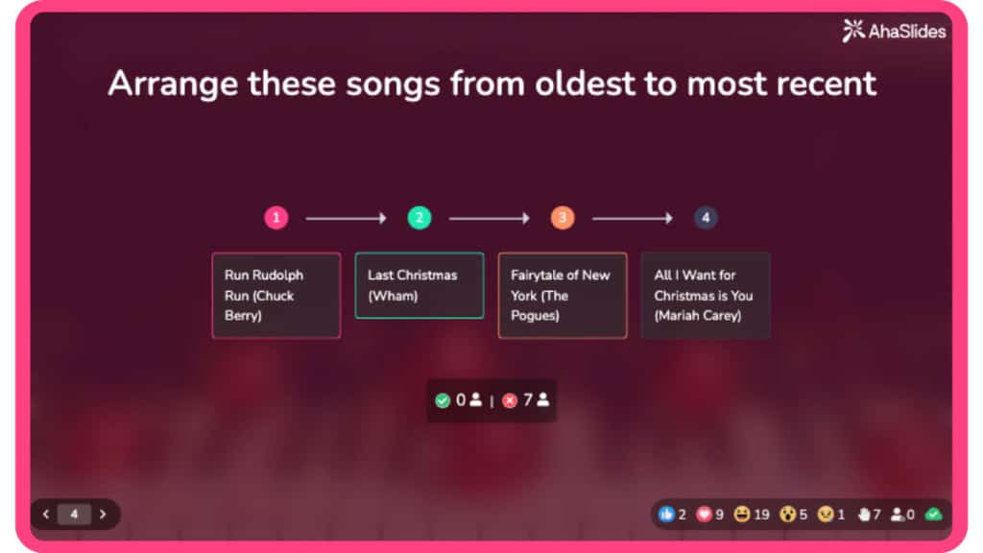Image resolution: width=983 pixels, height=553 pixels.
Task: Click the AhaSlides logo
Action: pyautogui.click(x=894, y=31)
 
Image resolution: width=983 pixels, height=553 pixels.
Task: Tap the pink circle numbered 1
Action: pyautogui.click(x=276, y=218)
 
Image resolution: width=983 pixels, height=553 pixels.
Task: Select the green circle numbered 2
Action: pyautogui.click(x=420, y=218)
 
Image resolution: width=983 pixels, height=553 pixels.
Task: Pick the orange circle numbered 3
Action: pyautogui.click(x=563, y=218)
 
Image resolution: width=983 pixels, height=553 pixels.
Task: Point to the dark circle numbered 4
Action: pyautogui.click(x=706, y=218)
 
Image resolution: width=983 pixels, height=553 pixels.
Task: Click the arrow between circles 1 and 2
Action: pyautogui.click(x=347, y=219)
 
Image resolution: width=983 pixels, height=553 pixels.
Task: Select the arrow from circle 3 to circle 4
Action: pyautogui.click(x=633, y=219)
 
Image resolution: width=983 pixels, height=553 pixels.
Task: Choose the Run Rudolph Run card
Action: pyautogui.click(x=276, y=295)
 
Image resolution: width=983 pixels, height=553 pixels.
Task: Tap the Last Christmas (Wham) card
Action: pyautogui.click(x=420, y=285)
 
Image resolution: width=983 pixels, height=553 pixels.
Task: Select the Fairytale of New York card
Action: pyautogui.click(x=563, y=295)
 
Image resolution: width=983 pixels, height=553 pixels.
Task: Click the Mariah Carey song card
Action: pyautogui.click(x=706, y=295)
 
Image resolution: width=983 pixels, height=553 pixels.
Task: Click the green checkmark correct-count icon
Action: pyautogui.click(x=443, y=400)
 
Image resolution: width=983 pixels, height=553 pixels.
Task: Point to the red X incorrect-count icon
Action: pyautogui.click(x=510, y=400)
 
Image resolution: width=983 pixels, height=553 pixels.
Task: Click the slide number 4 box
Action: pyautogui.click(x=74, y=514)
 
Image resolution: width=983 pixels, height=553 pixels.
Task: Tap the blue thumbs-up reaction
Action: pyautogui.click(x=666, y=514)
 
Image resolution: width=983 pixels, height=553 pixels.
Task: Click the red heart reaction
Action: pyautogui.click(x=704, y=514)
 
